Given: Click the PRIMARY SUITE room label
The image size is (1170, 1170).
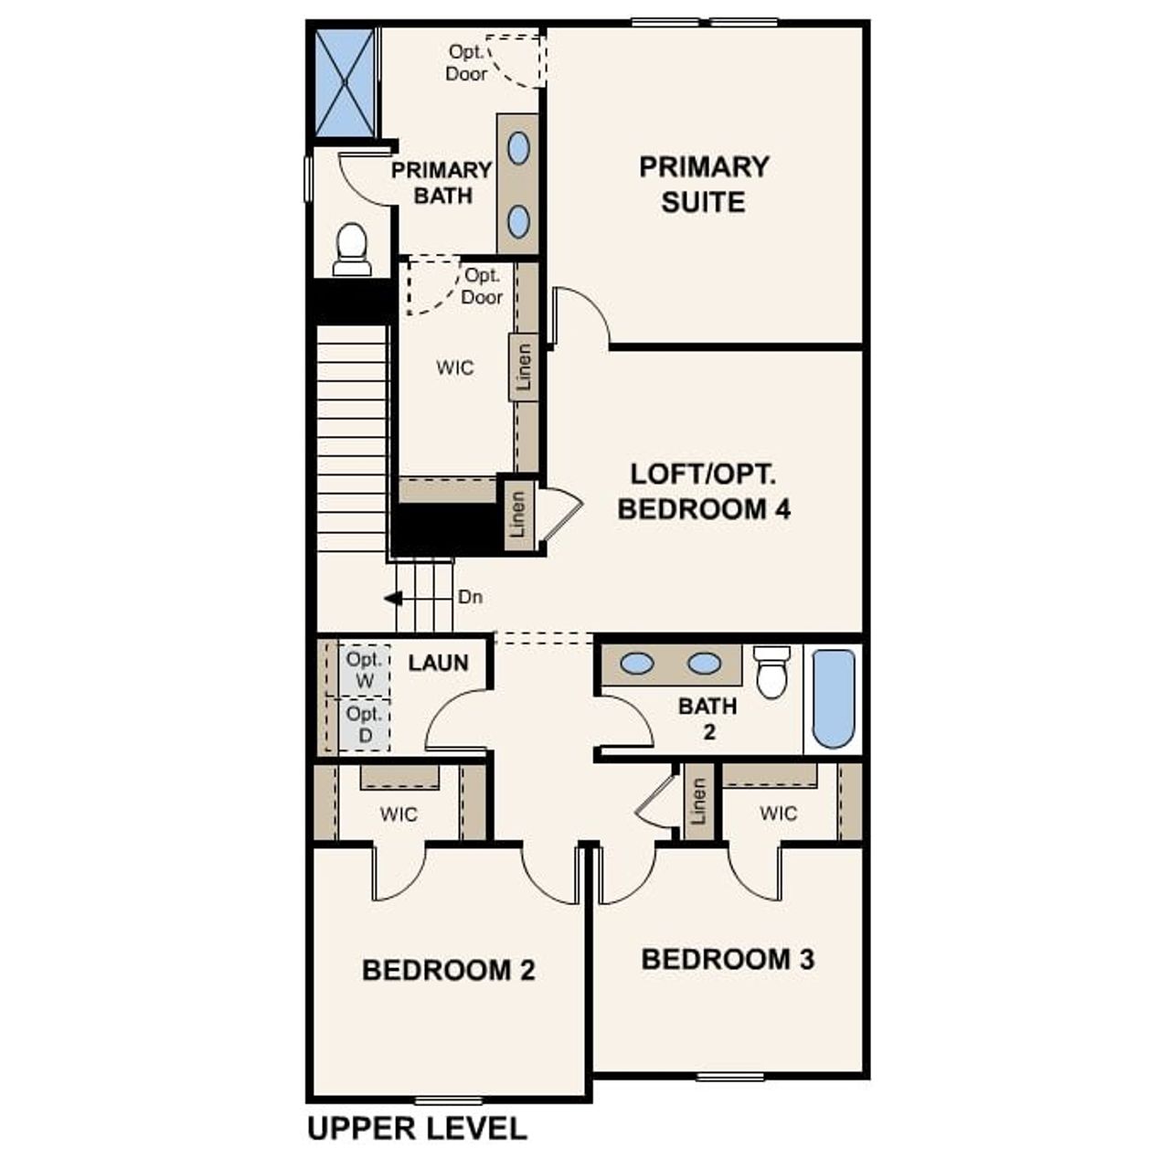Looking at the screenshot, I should (x=704, y=184).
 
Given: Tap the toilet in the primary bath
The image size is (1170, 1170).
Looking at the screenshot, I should (x=352, y=249).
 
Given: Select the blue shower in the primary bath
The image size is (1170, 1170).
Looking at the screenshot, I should (x=345, y=82).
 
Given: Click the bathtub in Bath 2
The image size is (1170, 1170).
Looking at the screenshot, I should (x=833, y=698).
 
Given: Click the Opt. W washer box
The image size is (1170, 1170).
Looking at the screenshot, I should (x=364, y=669).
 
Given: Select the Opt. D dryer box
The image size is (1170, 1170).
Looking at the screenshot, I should (x=364, y=724).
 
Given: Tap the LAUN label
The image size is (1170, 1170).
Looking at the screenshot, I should (x=438, y=663).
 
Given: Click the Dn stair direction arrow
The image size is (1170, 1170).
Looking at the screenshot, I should (x=394, y=599).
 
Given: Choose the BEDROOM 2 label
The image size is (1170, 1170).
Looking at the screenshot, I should (x=448, y=970).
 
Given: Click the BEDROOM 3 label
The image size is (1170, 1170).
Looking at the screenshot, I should (x=728, y=959).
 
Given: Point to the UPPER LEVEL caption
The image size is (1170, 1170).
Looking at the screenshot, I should (x=417, y=1129).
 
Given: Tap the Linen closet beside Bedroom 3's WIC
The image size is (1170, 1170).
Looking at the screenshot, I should (x=699, y=801).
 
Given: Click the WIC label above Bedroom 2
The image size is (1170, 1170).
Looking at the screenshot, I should (x=399, y=814).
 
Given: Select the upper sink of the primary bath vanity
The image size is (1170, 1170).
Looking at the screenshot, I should (x=518, y=148).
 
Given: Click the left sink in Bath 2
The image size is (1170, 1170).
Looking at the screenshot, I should (x=636, y=664).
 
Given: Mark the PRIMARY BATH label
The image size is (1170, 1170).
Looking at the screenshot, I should (x=442, y=183).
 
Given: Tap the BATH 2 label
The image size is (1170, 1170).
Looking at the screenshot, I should (x=707, y=718).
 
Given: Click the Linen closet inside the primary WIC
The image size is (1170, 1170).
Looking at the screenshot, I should (x=524, y=367).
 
